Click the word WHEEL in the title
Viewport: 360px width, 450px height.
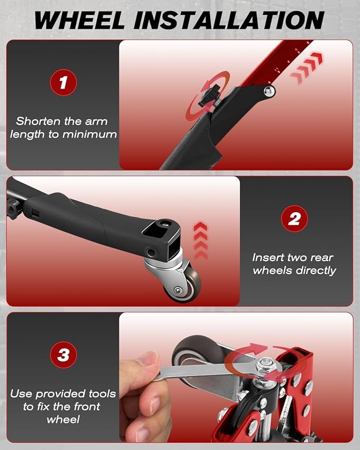pyautogui.click(x=80, y=20)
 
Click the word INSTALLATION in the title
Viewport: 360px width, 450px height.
pyautogui.click(x=229, y=20)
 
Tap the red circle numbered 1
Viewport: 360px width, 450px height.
pyautogui.click(x=64, y=82)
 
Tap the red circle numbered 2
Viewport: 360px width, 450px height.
pyautogui.click(x=294, y=219)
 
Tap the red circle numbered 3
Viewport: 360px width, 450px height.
pyautogui.click(x=64, y=355)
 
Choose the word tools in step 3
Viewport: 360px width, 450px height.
pyautogui.click(x=102, y=393)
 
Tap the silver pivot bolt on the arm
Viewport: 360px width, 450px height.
pyautogui.click(x=269, y=91)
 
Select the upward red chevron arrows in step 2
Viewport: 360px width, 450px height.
pyautogui.click(x=200, y=241)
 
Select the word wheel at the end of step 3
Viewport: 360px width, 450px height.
pyautogui.click(x=63, y=420)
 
